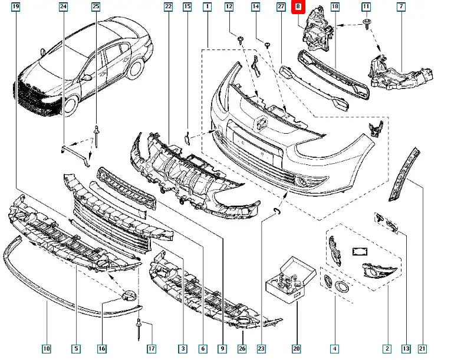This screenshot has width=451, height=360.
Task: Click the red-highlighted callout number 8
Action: [x=298, y=7]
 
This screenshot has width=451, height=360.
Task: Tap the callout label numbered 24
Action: [x=63, y=7]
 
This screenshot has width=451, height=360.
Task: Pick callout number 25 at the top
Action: [x=96, y=7]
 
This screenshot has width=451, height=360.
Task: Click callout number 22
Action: [x=168, y=7]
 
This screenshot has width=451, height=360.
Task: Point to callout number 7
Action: [x=401, y=7]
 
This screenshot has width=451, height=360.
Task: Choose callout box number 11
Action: [x=366, y=7]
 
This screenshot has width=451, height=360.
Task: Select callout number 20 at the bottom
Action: [x=296, y=349]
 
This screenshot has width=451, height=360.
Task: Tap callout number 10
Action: [x=47, y=349]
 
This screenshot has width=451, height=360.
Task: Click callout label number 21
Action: [x=422, y=349]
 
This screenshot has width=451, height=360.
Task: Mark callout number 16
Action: [x=102, y=349]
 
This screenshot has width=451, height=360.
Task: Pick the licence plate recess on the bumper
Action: [x=254, y=145]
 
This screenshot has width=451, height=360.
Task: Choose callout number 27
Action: [x=281, y=7]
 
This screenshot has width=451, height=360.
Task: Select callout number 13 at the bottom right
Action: [x=406, y=349]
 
